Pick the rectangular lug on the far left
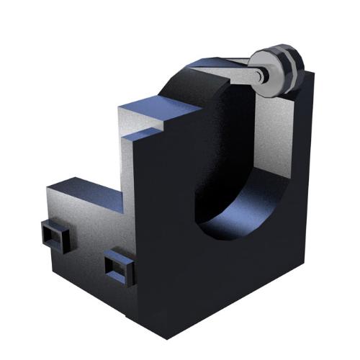[x=54, y=235]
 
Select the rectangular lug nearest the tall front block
[x=120, y=267]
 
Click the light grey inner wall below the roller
[x=274, y=137]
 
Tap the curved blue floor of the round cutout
[x=245, y=216]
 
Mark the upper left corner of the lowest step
[x=48, y=188]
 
